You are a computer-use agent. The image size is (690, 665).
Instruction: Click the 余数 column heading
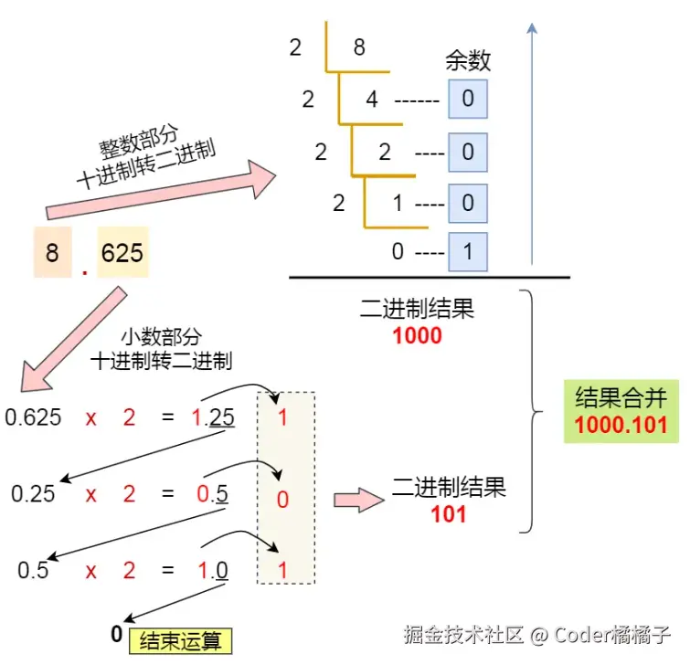[x=468, y=61]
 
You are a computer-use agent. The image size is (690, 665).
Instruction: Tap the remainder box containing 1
[x=468, y=251]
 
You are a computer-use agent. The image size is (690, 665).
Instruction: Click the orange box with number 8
[x=52, y=251]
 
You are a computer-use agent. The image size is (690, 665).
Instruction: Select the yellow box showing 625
[x=122, y=251]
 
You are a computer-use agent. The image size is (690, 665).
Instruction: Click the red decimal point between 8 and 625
[x=84, y=271]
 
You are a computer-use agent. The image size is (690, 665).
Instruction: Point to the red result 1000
[x=417, y=335]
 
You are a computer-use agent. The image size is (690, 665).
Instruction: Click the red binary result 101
[x=449, y=513]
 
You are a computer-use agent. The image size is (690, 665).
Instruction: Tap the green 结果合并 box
[x=621, y=411]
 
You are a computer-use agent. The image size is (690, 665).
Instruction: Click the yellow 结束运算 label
[x=181, y=640]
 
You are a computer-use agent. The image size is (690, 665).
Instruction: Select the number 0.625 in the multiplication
[x=34, y=418]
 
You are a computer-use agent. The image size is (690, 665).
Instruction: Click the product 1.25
[x=213, y=418]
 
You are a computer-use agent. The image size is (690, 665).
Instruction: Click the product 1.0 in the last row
[x=213, y=571]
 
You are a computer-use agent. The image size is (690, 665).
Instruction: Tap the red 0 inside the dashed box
[x=282, y=499]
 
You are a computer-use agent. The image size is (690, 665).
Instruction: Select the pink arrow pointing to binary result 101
[x=357, y=500]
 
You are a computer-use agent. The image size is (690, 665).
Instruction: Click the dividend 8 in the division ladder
[x=359, y=47]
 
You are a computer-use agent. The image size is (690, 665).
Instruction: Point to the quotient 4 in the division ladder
[x=372, y=98]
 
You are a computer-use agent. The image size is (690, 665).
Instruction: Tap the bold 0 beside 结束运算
[x=116, y=634]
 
